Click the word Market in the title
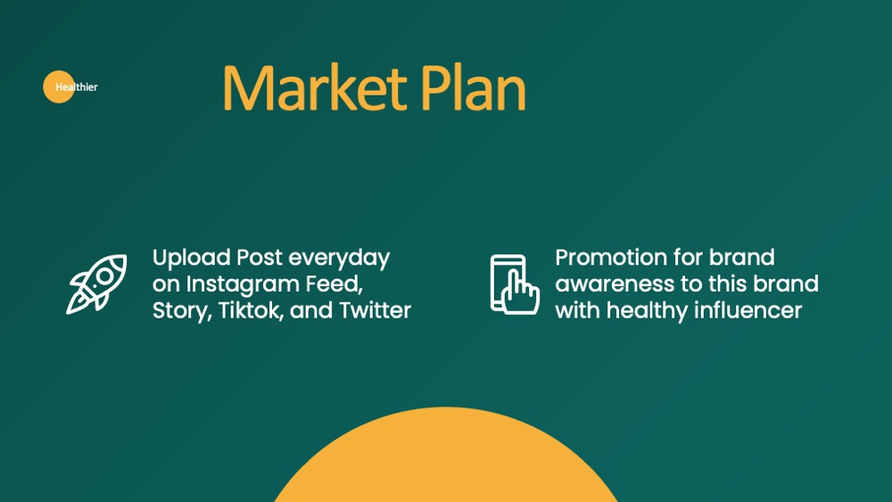[315, 87]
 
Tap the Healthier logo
[70, 87]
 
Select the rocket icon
[96, 284]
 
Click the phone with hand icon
[515, 284]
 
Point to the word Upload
[191, 258]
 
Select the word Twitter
[375, 310]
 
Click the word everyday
[339, 259]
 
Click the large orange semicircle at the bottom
[446, 455]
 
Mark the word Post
[260, 258]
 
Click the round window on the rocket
[104, 276]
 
